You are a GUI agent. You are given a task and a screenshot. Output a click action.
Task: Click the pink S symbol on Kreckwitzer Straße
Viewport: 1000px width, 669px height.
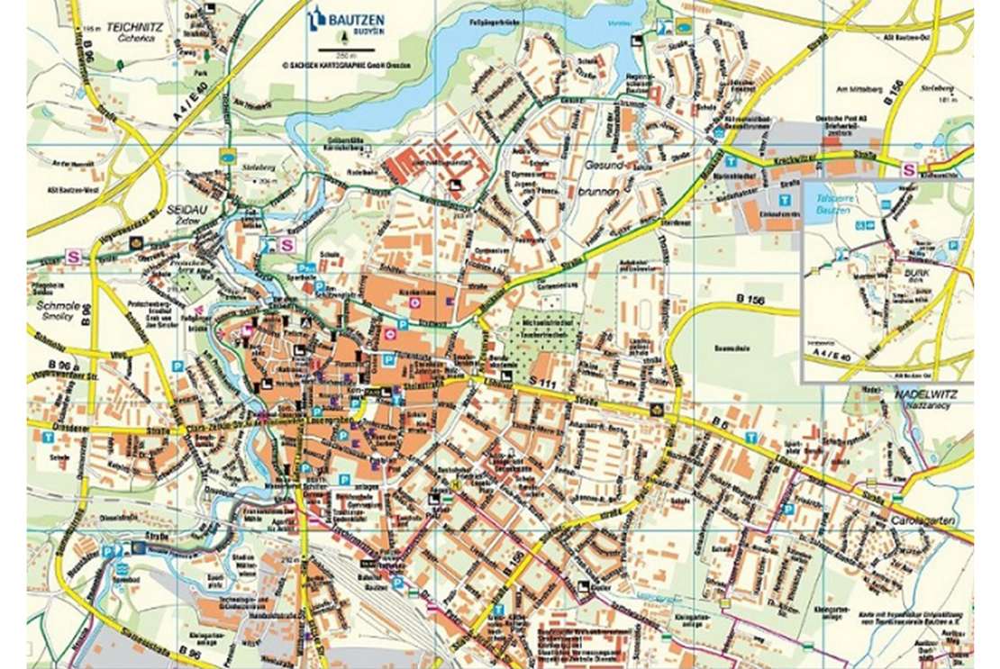[x=909, y=168]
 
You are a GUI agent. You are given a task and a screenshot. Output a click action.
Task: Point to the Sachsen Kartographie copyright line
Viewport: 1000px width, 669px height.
[x=342, y=65]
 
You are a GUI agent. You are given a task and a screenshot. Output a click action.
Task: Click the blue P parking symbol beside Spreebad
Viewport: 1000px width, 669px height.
[x=109, y=551]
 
